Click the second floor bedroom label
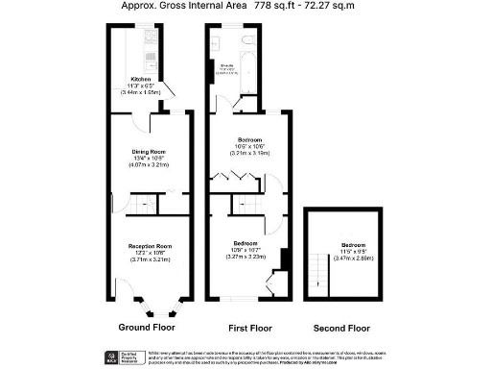tap(354, 246)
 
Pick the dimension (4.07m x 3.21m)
tap(151, 165)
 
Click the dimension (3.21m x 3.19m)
tap(246, 153)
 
